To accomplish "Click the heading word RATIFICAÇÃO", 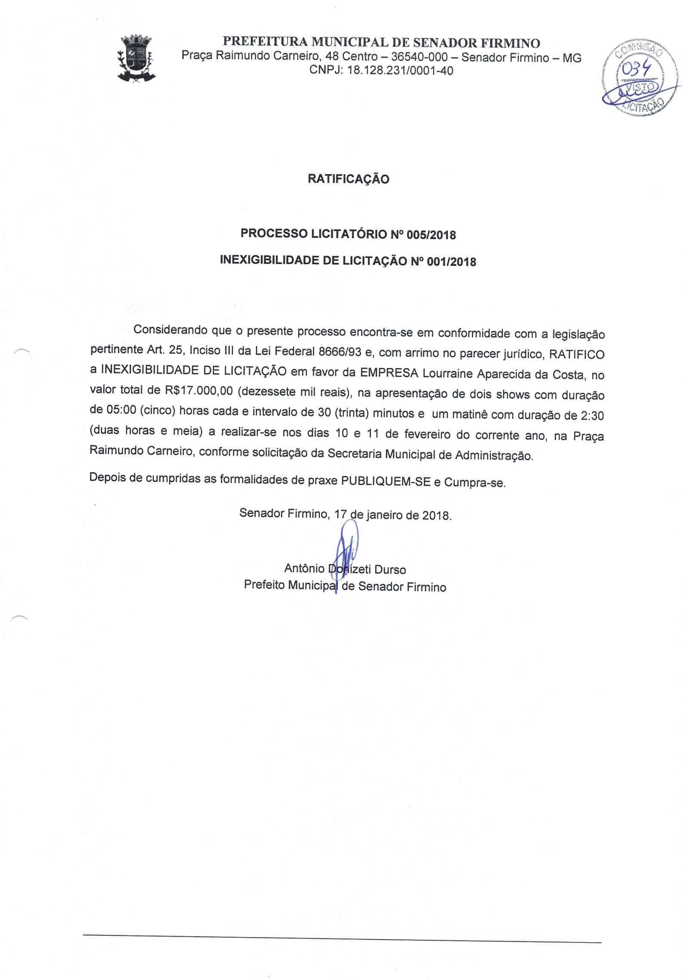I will tap(348, 179).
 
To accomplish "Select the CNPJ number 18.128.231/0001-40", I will tap(400, 70).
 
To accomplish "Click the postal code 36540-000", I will tap(419, 57).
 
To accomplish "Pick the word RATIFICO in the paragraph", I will tap(577, 354).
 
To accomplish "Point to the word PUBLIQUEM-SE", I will tap(386, 481).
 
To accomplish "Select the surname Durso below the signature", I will tap(390, 570).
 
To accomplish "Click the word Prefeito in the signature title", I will tap(264, 585).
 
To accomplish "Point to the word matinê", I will tap(467, 414).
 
